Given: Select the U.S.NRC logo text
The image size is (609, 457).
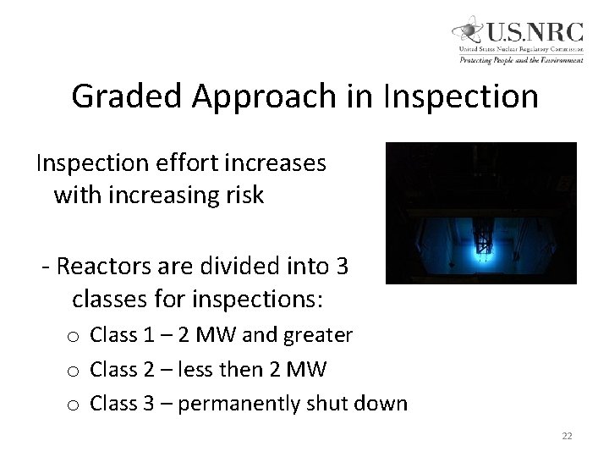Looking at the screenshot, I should coord(534,32).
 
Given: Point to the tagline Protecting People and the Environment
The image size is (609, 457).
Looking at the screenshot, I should coord(521,60).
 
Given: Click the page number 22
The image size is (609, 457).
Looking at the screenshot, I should coord(567,436).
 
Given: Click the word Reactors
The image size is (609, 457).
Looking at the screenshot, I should coord(103,267).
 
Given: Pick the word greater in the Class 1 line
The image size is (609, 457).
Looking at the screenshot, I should coord(320,336).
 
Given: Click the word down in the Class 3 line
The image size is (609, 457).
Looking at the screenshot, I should coord(381,404).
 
